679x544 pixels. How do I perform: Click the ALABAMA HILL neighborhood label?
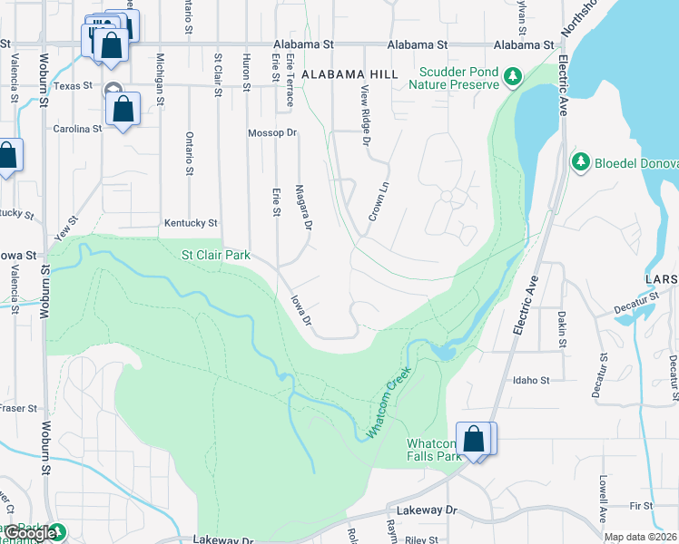coord(350,73)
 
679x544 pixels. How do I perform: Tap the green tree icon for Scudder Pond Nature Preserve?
coord(515,74)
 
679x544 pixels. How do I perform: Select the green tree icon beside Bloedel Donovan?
coord(580,161)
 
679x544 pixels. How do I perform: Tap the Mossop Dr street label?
coord(272,132)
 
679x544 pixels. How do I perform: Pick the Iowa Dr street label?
coord(300,308)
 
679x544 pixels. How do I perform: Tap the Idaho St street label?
coord(532,380)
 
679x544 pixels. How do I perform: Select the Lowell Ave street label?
coord(602,499)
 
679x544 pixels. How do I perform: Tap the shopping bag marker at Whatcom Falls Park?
coord(473,439)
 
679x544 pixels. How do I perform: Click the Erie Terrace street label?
coord(290,79)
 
